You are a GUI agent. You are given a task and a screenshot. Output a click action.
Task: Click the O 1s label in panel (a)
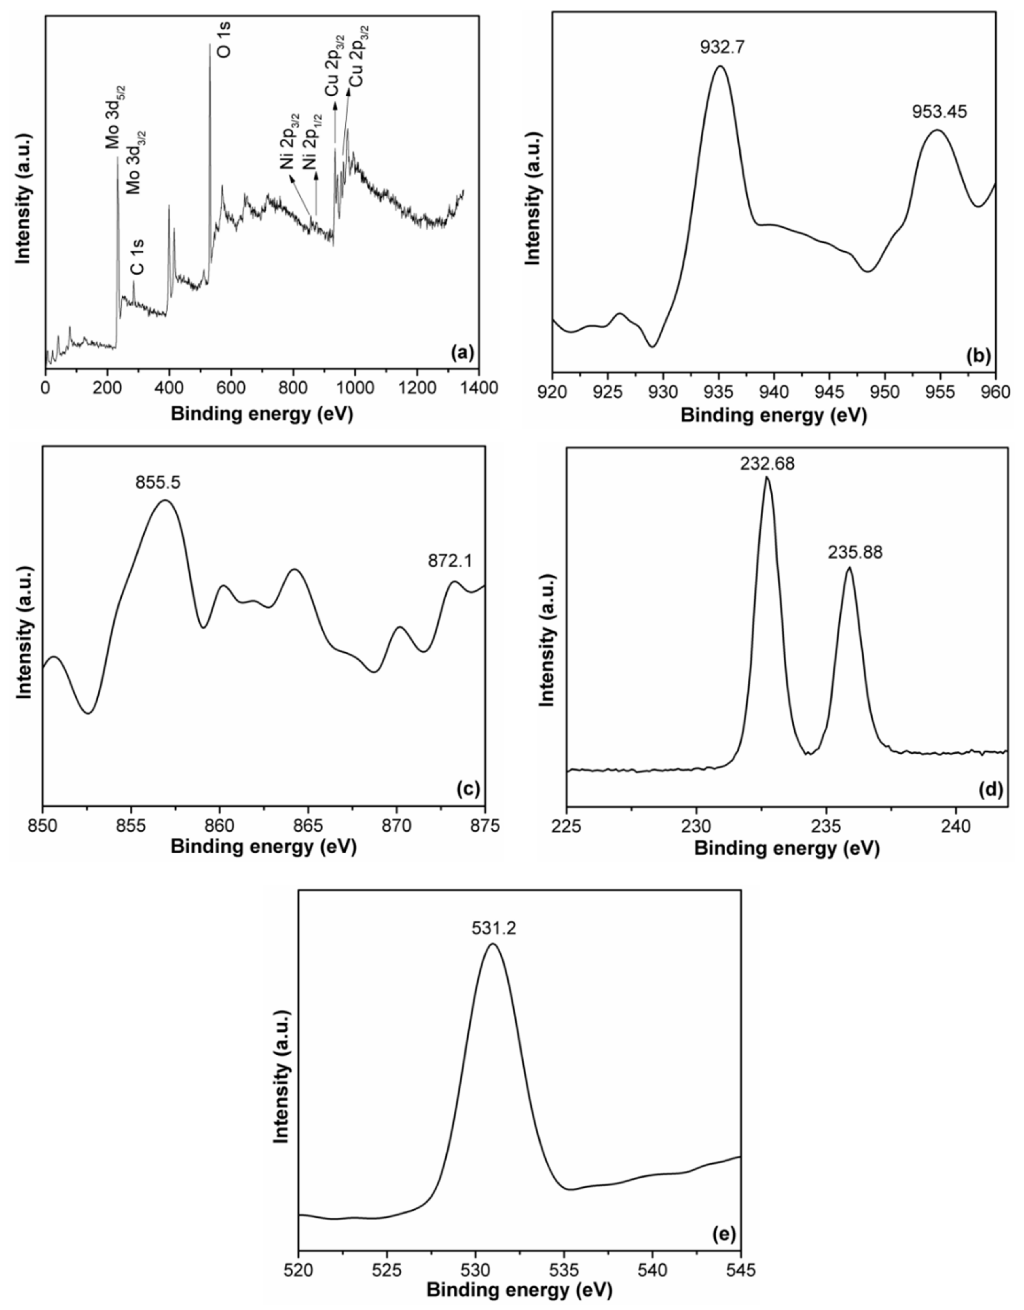[223, 42]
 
